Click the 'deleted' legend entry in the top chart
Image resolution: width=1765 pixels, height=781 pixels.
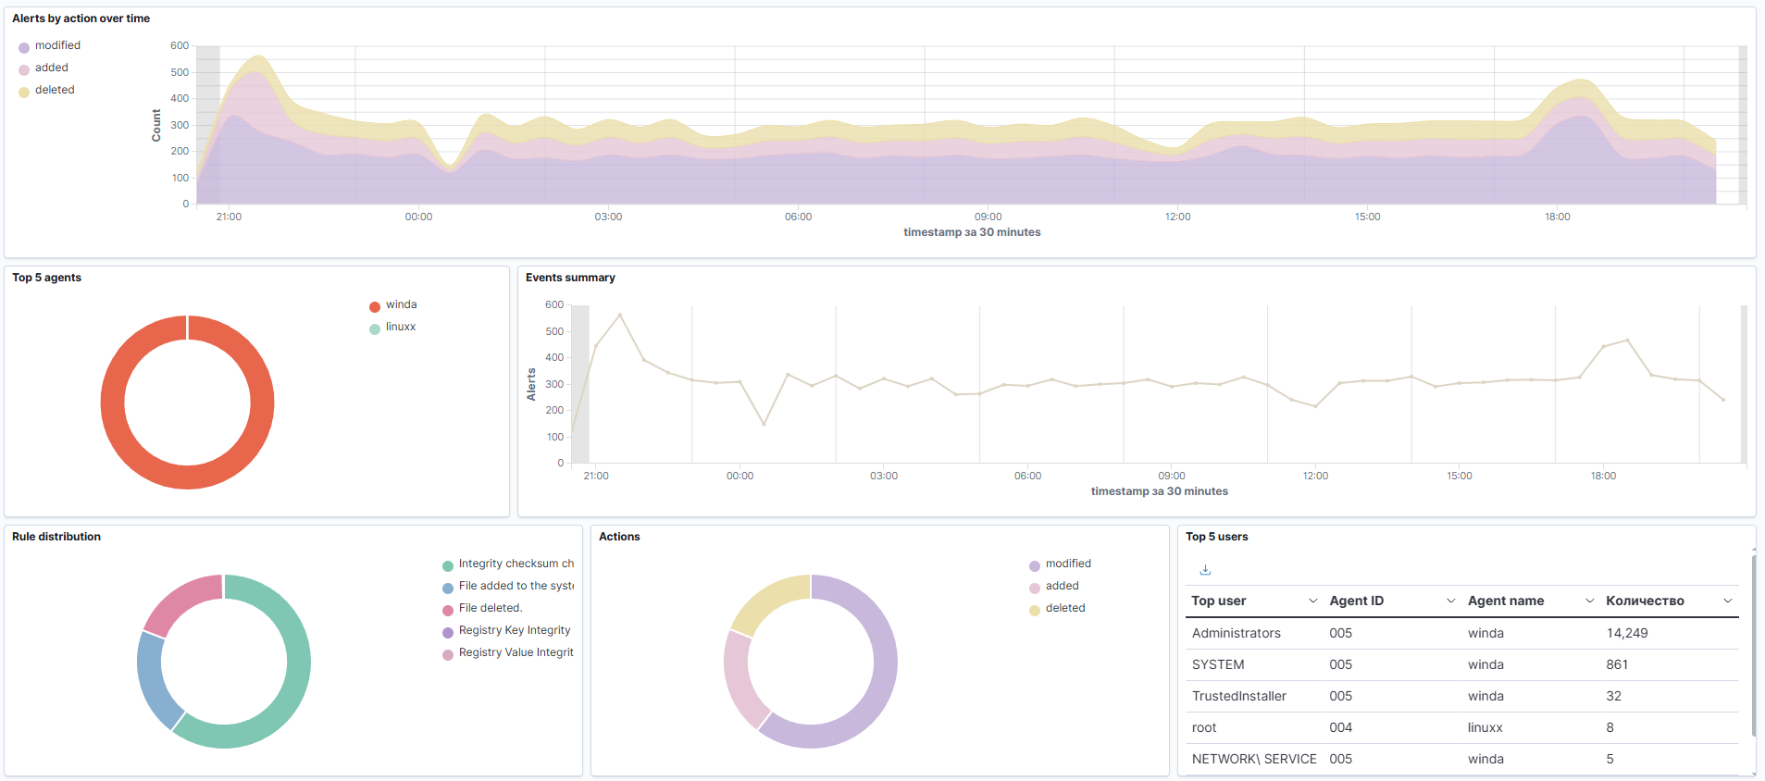point(55,90)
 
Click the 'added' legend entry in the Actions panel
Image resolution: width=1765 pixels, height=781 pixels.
point(1062,586)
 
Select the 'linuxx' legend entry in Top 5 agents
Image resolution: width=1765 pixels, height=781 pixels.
point(400,327)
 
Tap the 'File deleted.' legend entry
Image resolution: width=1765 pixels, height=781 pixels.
point(490,608)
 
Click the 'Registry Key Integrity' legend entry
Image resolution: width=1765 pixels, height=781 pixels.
point(514,630)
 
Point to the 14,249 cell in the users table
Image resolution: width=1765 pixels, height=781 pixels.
point(1626,633)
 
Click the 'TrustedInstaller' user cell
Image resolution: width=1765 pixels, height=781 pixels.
point(1238,696)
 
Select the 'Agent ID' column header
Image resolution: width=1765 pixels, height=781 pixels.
point(1356,601)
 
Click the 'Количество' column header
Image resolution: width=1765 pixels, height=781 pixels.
point(1644,601)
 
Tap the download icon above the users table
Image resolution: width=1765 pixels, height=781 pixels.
point(1205,570)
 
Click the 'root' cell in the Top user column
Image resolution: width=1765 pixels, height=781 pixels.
point(1203,727)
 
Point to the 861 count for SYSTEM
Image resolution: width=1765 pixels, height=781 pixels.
point(1616,664)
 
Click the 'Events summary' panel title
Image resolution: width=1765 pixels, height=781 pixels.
point(570,278)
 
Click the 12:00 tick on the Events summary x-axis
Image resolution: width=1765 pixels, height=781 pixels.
point(1314,476)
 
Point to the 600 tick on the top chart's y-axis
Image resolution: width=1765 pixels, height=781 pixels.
point(179,45)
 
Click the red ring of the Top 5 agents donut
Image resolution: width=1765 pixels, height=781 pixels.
point(113,403)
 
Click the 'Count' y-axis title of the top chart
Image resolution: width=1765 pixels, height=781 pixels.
point(156,125)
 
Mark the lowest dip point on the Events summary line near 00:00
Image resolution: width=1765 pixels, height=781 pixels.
point(764,425)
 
